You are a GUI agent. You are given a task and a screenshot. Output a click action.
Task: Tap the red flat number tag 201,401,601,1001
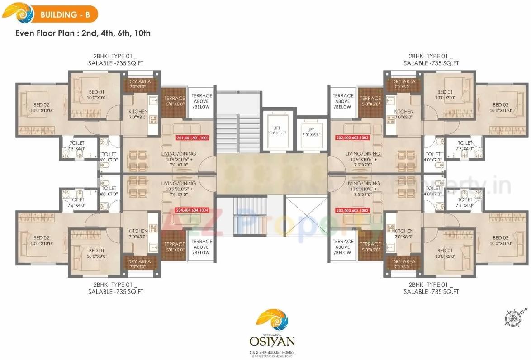(192, 138)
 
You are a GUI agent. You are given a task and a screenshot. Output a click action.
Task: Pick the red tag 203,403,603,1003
(352, 210)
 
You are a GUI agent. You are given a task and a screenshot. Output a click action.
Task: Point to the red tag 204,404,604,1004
(192, 210)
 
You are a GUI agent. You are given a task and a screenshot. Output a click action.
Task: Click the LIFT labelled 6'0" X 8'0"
(277, 132)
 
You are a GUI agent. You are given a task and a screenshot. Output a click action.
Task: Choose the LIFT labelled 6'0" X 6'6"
(311, 132)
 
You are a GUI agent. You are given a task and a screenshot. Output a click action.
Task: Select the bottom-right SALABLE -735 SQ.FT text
(431, 292)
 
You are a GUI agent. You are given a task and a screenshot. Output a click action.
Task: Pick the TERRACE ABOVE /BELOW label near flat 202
(343, 101)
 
